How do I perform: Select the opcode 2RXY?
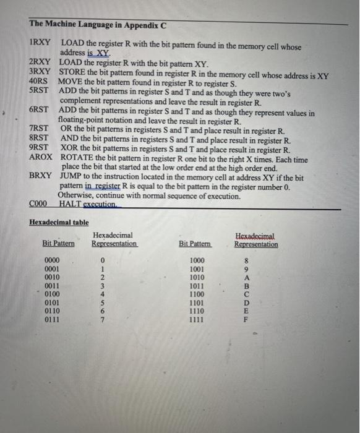coord(40,64)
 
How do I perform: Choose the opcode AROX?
coord(41,160)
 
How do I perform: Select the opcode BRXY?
coord(41,177)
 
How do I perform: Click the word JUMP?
coord(72,177)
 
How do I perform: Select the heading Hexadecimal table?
coord(59,223)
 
